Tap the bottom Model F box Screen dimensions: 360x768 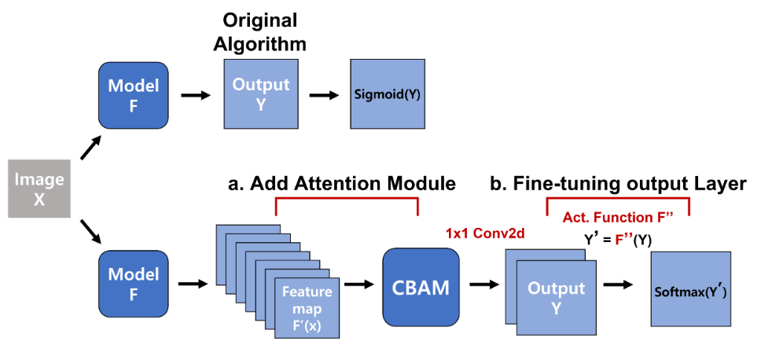[133, 283]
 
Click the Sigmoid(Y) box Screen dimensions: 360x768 [389, 96]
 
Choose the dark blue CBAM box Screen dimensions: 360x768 [421, 288]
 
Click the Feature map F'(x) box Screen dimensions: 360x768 [307, 307]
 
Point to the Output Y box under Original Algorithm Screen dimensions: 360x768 [260, 94]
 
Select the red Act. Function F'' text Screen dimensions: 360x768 [618, 217]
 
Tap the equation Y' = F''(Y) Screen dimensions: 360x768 [618, 236]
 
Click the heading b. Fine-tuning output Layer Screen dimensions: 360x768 [618, 184]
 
